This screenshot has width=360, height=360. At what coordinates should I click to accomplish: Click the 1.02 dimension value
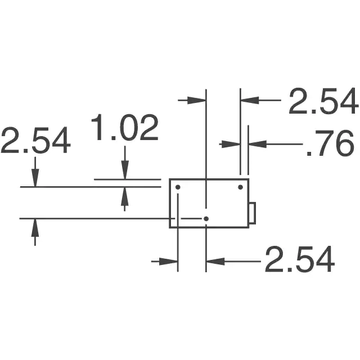coord(125,128)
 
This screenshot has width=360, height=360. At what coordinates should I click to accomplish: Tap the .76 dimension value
coord(330,143)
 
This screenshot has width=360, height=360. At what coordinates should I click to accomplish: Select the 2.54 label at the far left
coord(35,140)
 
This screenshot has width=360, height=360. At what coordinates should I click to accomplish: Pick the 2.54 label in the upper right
coord(323,101)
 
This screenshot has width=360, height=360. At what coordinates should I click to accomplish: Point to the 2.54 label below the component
coord(300,259)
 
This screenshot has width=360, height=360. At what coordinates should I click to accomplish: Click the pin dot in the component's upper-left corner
coord(178,187)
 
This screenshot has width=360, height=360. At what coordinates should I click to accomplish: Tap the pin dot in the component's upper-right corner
coord(240,187)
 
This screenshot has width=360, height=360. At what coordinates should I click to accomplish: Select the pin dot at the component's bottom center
coord(206,219)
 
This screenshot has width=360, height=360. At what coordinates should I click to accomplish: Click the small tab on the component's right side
coord(253,213)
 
